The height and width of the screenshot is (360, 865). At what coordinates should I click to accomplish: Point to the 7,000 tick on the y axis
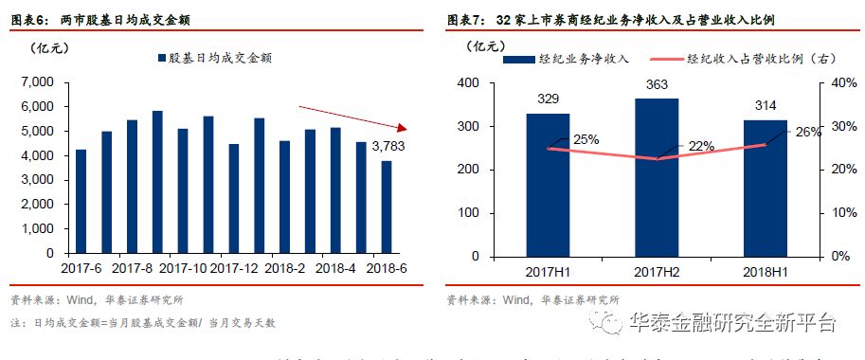[35, 82]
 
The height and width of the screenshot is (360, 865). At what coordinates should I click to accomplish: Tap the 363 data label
[657, 85]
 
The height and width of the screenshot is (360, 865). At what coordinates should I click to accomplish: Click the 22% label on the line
[700, 146]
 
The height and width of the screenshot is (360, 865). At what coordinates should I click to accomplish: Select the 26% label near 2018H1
[808, 132]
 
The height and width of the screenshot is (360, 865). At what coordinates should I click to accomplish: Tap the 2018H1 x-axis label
[765, 271]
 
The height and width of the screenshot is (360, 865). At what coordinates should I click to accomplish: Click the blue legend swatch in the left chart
[161, 59]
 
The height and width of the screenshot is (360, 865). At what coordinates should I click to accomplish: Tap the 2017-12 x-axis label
[233, 268]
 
